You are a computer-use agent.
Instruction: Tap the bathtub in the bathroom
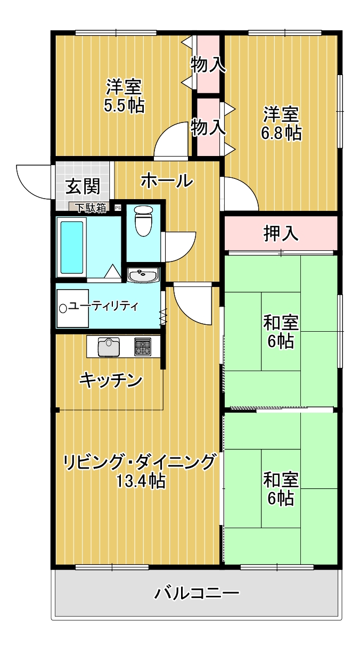coord(71,248)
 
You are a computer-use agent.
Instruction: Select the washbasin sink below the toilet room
coord(143,275)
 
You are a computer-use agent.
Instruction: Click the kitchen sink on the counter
coord(109,347)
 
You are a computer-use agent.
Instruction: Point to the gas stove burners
coord(143,347)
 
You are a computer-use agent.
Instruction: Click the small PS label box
coord(118,208)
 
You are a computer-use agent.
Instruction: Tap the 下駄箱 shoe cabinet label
coord(91,208)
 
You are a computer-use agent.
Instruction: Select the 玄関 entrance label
coord(83,186)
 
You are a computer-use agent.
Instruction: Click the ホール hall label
coord(167,181)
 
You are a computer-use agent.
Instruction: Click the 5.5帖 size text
coord(124,105)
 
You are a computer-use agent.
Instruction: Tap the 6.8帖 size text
coord(281,133)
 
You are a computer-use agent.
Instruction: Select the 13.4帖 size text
coord(141,481)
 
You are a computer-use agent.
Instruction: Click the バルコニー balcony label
coord(197,593)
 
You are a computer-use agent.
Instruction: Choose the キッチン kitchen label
coord(111,380)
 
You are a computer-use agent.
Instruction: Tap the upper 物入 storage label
coord(208,64)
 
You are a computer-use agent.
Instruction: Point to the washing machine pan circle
coord(63,308)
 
